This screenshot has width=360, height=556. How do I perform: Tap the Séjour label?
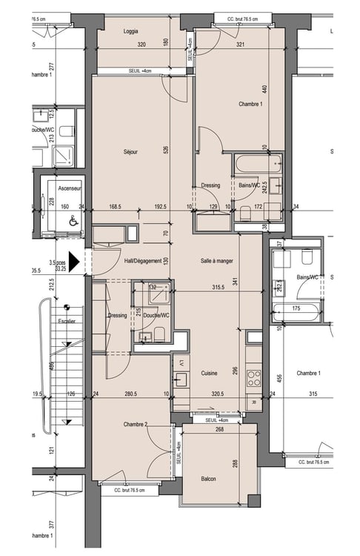click(130, 151)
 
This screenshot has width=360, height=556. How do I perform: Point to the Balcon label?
click(208, 479)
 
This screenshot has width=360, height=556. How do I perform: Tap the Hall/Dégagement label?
click(142, 261)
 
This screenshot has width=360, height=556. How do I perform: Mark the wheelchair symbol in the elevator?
click(73, 221)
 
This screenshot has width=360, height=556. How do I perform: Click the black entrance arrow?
click(87, 262)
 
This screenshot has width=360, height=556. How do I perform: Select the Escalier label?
click(67, 322)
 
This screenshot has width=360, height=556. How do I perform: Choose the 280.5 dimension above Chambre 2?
click(130, 395)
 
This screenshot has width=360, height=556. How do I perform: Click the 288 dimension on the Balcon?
click(234, 464)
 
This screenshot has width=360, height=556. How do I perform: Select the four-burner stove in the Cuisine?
click(254, 376)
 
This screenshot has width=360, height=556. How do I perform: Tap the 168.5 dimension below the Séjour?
click(114, 207)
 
